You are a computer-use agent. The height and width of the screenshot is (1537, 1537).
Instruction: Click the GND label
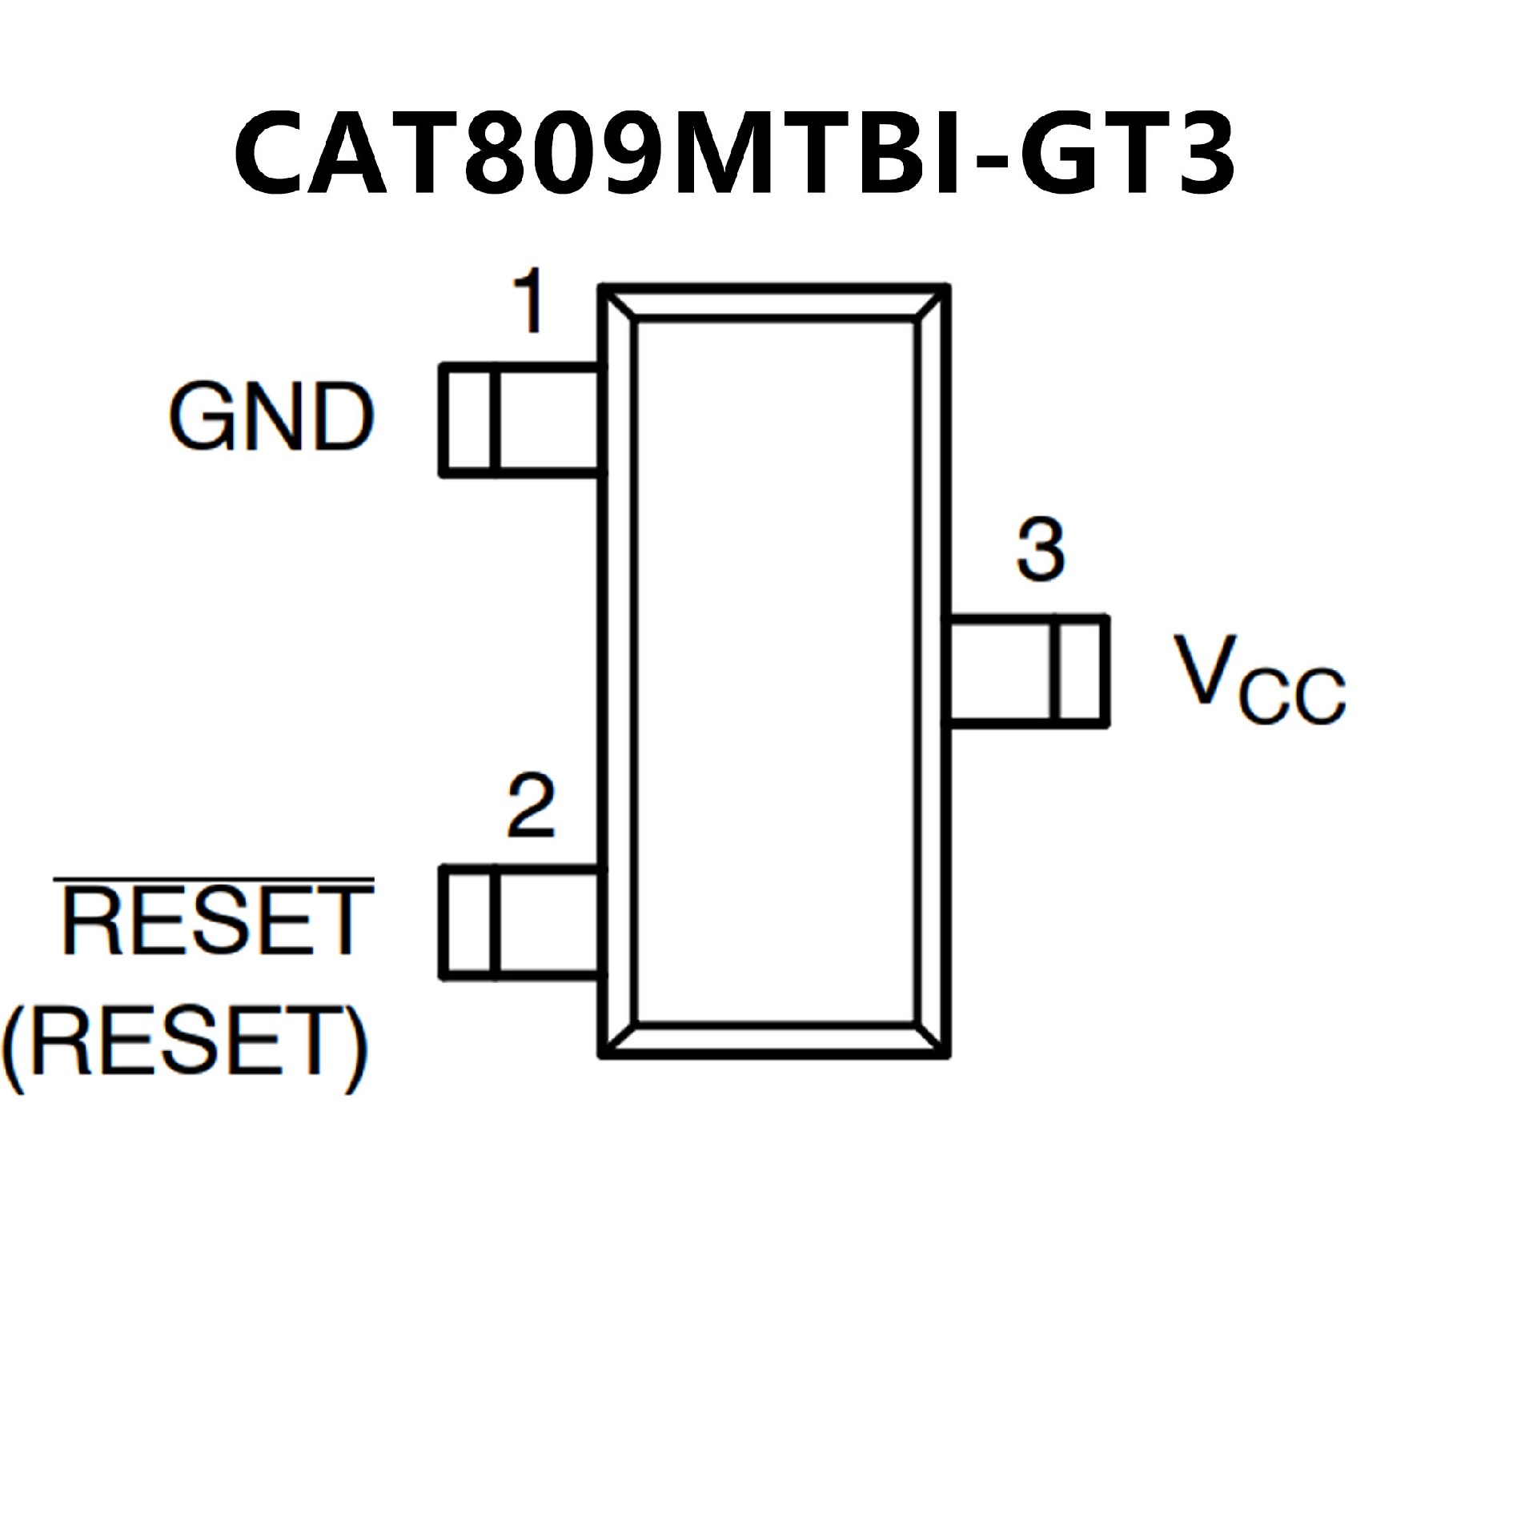coord(271,417)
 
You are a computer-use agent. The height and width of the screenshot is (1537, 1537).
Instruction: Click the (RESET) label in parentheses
coord(186,1041)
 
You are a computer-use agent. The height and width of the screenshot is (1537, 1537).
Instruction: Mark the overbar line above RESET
coord(214,881)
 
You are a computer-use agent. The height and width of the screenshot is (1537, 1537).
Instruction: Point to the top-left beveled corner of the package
coord(620,303)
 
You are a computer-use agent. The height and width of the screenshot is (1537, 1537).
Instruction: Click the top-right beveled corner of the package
coord(931,303)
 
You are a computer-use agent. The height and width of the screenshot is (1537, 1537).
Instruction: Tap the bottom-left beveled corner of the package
coord(620,1039)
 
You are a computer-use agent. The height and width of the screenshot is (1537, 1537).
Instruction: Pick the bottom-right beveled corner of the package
coord(931,1039)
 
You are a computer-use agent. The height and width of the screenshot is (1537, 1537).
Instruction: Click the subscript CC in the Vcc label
coord(1291,697)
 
